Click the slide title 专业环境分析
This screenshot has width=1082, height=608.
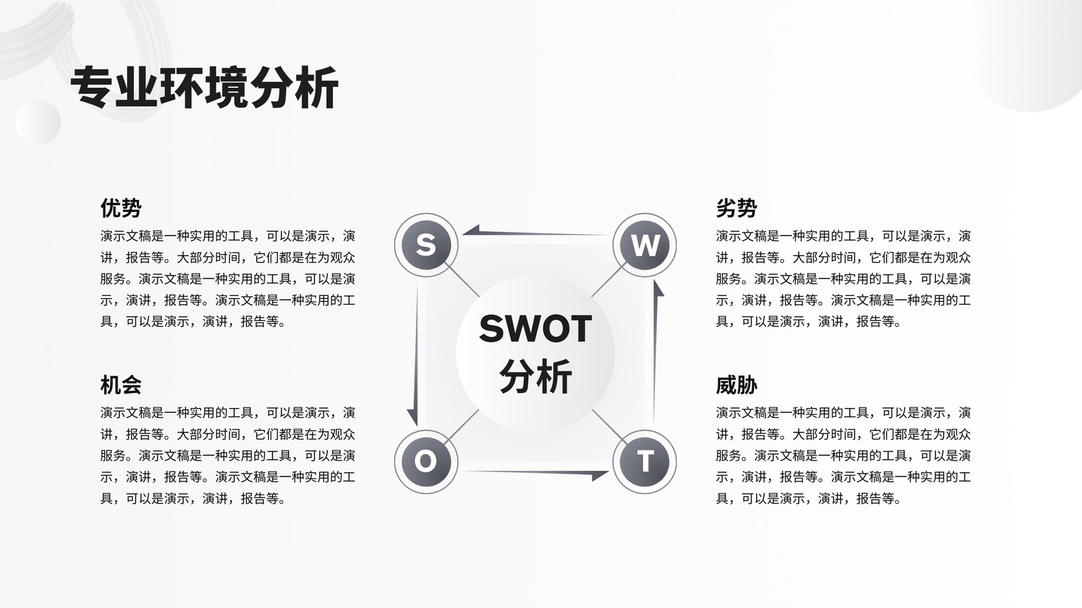(x=204, y=88)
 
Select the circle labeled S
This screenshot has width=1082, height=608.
(x=426, y=245)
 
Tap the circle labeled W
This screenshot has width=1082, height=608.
(x=644, y=245)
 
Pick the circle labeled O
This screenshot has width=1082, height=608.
(x=426, y=462)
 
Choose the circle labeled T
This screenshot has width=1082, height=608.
(x=644, y=462)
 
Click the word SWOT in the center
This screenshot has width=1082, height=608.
(x=535, y=328)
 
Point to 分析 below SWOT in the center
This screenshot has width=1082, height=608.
(x=535, y=376)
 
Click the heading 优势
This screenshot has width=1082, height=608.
(x=121, y=208)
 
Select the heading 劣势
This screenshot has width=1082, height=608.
(x=736, y=208)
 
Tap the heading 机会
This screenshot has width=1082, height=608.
(x=121, y=385)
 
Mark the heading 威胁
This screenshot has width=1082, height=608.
(x=736, y=385)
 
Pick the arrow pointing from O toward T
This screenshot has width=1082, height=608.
(x=535, y=474)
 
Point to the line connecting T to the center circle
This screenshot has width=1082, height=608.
(x=609, y=427)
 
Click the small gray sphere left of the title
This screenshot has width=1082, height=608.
(x=38, y=122)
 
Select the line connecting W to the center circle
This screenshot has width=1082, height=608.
(x=609, y=280)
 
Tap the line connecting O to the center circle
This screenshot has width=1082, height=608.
(x=461, y=426)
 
